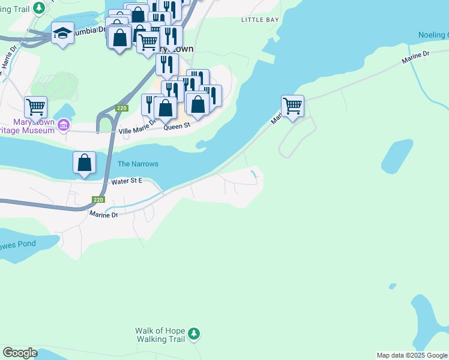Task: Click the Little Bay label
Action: pyautogui.click(x=260, y=20)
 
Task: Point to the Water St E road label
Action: pyautogui.click(x=126, y=181)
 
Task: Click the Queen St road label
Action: pyautogui.click(x=176, y=126)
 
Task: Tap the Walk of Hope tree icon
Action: pyautogui.click(x=193, y=333)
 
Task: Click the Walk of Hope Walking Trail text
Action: pyautogui.click(x=161, y=335)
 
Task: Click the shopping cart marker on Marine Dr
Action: pyautogui.click(x=292, y=106)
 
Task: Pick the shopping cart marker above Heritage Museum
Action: pyautogui.click(x=35, y=107)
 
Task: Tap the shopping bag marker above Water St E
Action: pyautogui.click(x=85, y=162)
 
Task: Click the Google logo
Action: pyautogui.click(x=20, y=353)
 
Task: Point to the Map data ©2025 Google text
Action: pyautogui.click(x=412, y=355)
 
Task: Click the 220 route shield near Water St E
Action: pyautogui.click(x=99, y=200)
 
